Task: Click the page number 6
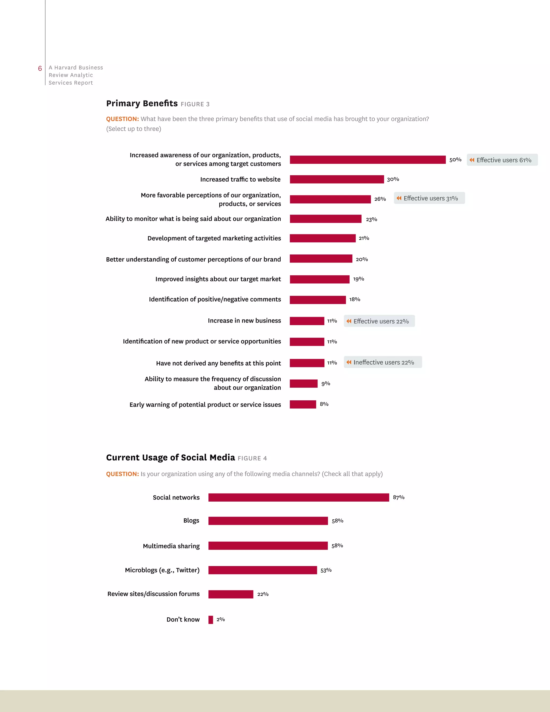point(40,69)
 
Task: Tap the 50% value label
point(455,160)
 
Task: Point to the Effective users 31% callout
point(429,198)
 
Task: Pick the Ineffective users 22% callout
point(382,362)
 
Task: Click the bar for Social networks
point(298,498)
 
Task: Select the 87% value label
point(399,497)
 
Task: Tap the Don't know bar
point(211,620)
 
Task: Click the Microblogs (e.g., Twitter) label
point(162,570)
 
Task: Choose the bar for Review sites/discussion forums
point(231,594)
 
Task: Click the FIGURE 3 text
point(195,104)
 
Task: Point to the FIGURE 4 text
point(252,458)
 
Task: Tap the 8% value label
point(324,404)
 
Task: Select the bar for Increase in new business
point(307,321)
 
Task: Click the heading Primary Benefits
point(142,103)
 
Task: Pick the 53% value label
point(326,570)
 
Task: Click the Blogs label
point(191,521)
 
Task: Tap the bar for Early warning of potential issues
point(303,405)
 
